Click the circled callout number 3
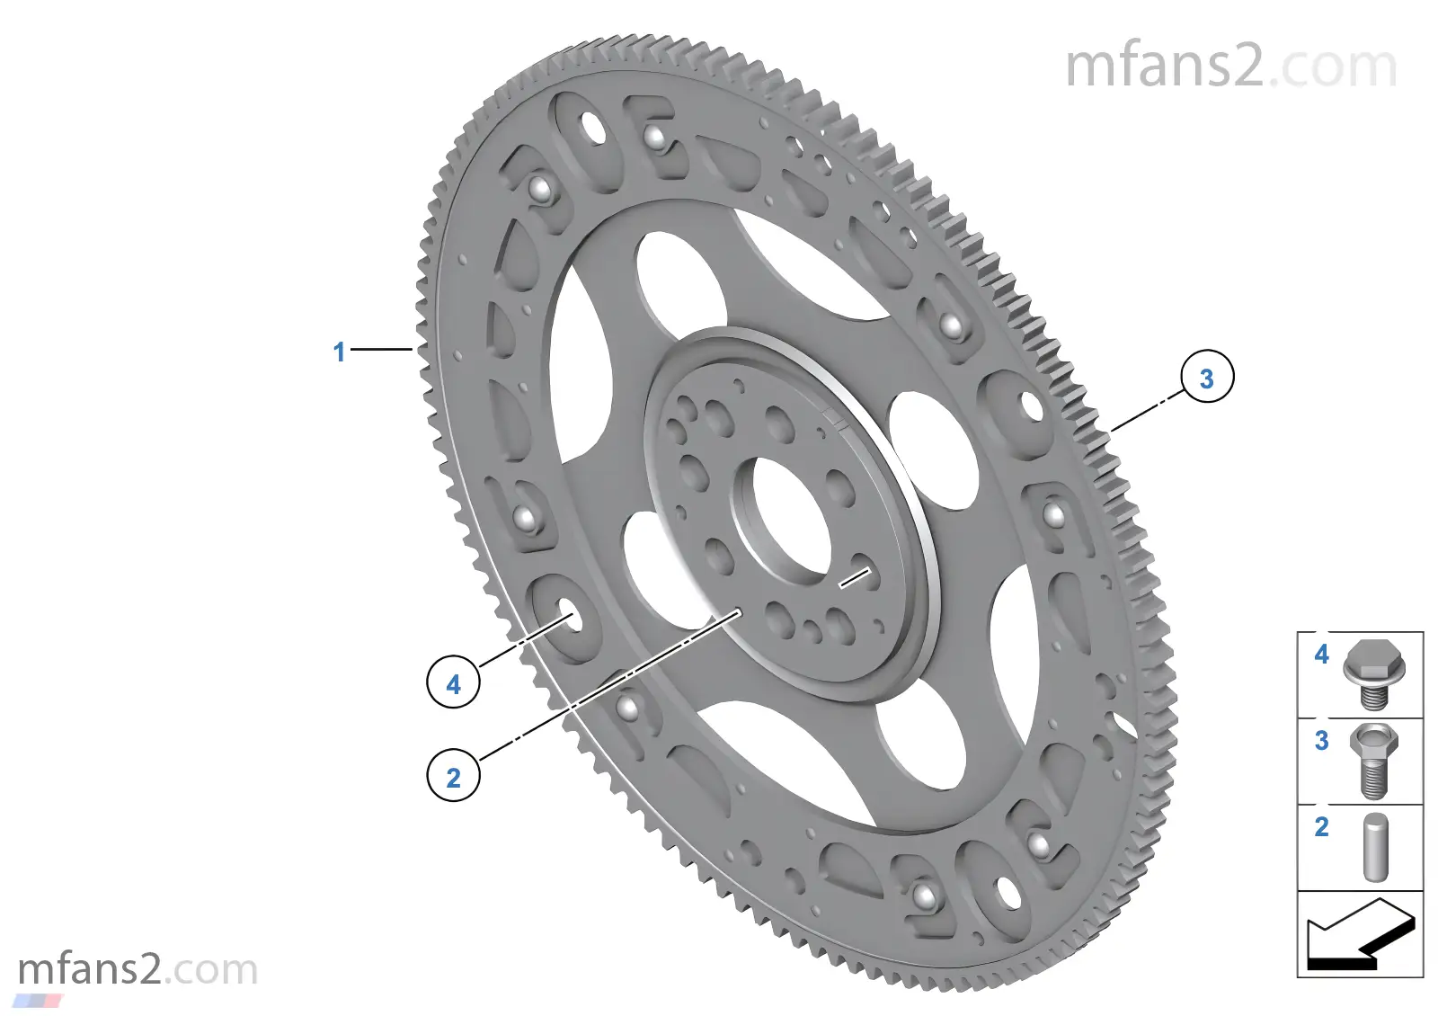(1206, 378)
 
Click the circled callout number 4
(453, 683)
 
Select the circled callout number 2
(453, 776)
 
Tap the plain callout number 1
(339, 352)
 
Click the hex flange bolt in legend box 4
(1374, 673)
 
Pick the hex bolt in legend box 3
(1372, 760)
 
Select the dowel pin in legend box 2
(1375, 847)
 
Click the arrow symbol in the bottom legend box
(1360, 935)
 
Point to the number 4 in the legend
(1321, 654)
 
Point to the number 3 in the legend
(1321, 740)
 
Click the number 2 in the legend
(1321, 826)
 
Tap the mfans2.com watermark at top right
(1230, 67)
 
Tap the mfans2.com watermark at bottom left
(138, 969)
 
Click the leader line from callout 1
(381, 349)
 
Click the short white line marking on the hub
(855, 577)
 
